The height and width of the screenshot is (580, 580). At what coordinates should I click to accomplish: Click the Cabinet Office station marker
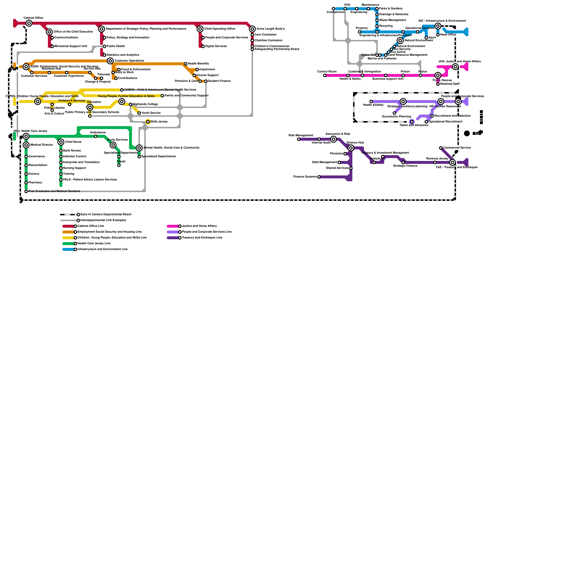click(29, 23)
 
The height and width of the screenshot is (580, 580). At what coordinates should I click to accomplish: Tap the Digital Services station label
click(216, 46)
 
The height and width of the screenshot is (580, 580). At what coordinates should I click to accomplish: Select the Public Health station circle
click(104, 46)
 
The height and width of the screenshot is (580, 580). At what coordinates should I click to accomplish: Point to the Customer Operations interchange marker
click(110, 61)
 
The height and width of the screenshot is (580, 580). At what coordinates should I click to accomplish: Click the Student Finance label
click(219, 81)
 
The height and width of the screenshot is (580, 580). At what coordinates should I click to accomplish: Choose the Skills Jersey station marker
click(148, 122)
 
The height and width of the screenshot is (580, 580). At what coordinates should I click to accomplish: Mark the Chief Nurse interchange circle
click(61, 142)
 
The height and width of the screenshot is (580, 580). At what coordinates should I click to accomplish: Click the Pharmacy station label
click(35, 183)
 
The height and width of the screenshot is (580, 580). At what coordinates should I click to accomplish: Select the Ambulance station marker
click(96, 136)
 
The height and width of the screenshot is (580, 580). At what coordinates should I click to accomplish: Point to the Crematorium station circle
click(333, 9)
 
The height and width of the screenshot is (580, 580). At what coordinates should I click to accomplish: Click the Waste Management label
click(392, 20)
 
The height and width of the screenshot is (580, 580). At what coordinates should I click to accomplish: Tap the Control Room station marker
click(325, 75)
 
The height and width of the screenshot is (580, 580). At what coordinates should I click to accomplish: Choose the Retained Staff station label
click(449, 84)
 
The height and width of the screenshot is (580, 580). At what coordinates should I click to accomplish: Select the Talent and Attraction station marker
click(412, 122)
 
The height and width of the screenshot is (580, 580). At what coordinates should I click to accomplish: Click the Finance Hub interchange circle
click(351, 148)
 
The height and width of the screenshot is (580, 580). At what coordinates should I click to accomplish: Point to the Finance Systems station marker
click(319, 177)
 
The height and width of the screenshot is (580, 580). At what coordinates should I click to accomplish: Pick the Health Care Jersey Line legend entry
click(94, 244)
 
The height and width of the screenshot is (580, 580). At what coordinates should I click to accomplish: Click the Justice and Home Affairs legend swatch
click(173, 226)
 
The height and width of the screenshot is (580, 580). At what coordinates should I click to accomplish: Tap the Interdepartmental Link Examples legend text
click(103, 220)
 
